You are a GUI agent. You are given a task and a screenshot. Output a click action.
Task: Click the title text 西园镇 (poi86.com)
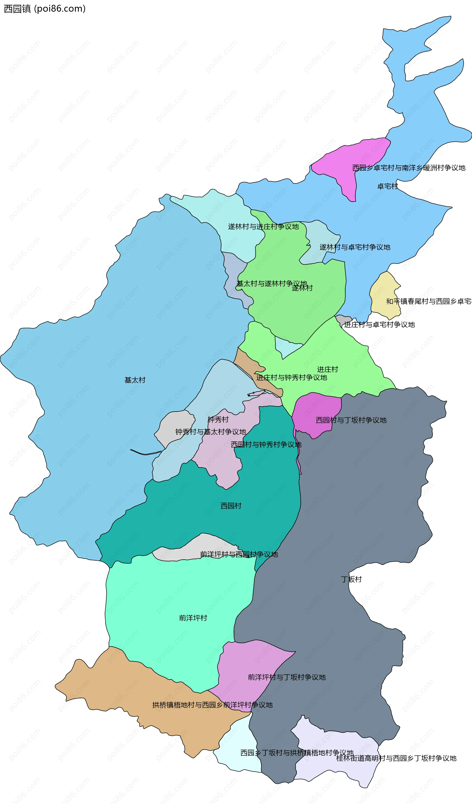pos(45,9)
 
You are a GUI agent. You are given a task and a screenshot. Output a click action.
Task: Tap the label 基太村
pos(135,380)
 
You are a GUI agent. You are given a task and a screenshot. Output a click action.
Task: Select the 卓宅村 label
pos(387,186)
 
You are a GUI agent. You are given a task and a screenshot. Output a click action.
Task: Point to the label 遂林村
pos(302,288)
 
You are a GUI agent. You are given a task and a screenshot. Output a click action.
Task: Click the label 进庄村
pos(327,369)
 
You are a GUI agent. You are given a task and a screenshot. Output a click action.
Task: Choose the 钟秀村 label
pos(218,420)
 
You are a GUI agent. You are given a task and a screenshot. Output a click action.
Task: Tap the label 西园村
pos(231,506)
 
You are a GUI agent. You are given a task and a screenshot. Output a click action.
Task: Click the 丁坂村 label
pos(351,579)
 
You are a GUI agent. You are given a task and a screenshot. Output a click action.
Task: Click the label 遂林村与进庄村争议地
pos(263,227)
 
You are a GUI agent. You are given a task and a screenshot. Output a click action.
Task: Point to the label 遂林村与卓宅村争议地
pos(354,247)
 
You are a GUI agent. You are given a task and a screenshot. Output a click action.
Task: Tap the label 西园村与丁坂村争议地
pos(351,420)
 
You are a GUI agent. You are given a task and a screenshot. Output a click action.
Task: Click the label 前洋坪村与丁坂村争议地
pos(287,677)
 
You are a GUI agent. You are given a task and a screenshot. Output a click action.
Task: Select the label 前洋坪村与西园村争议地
pos(239,555)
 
